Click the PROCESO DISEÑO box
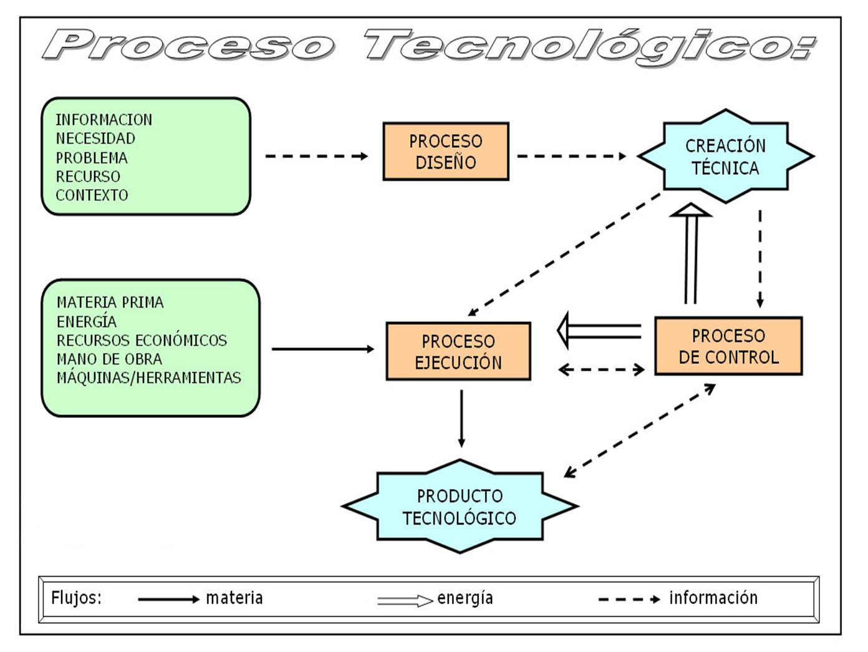point(445,152)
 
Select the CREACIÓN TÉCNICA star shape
point(725,157)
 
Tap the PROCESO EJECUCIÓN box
point(458,351)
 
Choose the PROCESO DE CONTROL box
point(728,346)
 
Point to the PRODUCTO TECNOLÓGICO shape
point(460,507)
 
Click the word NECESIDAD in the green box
point(95,139)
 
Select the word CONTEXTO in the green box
point(92,195)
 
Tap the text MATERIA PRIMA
point(110,303)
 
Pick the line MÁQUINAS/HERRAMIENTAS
point(148,378)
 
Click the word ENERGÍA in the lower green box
point(87,322)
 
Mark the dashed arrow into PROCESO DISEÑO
point(317,156)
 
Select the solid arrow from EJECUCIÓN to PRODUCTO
point(461,418)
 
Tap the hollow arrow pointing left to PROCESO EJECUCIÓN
point(599,331)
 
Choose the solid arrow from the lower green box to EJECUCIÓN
point(323,349)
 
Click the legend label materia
point(234,598)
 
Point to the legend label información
point(713,598)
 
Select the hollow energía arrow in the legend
point(405,601)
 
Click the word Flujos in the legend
point(76,598)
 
